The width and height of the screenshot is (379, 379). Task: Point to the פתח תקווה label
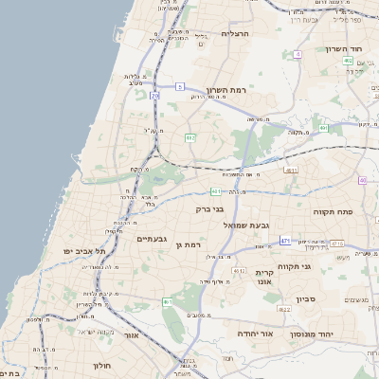pos(333,211)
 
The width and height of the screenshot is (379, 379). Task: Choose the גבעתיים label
pos(152,240)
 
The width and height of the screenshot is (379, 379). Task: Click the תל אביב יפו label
pos(82,251)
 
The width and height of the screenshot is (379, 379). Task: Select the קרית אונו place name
pos(263,277)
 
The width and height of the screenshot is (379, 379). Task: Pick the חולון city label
pos(102,365)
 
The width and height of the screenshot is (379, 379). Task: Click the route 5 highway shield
pos(180,87)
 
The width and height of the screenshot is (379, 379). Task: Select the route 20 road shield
pos(155,96)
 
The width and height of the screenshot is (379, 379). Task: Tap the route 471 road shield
pos(285,242)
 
